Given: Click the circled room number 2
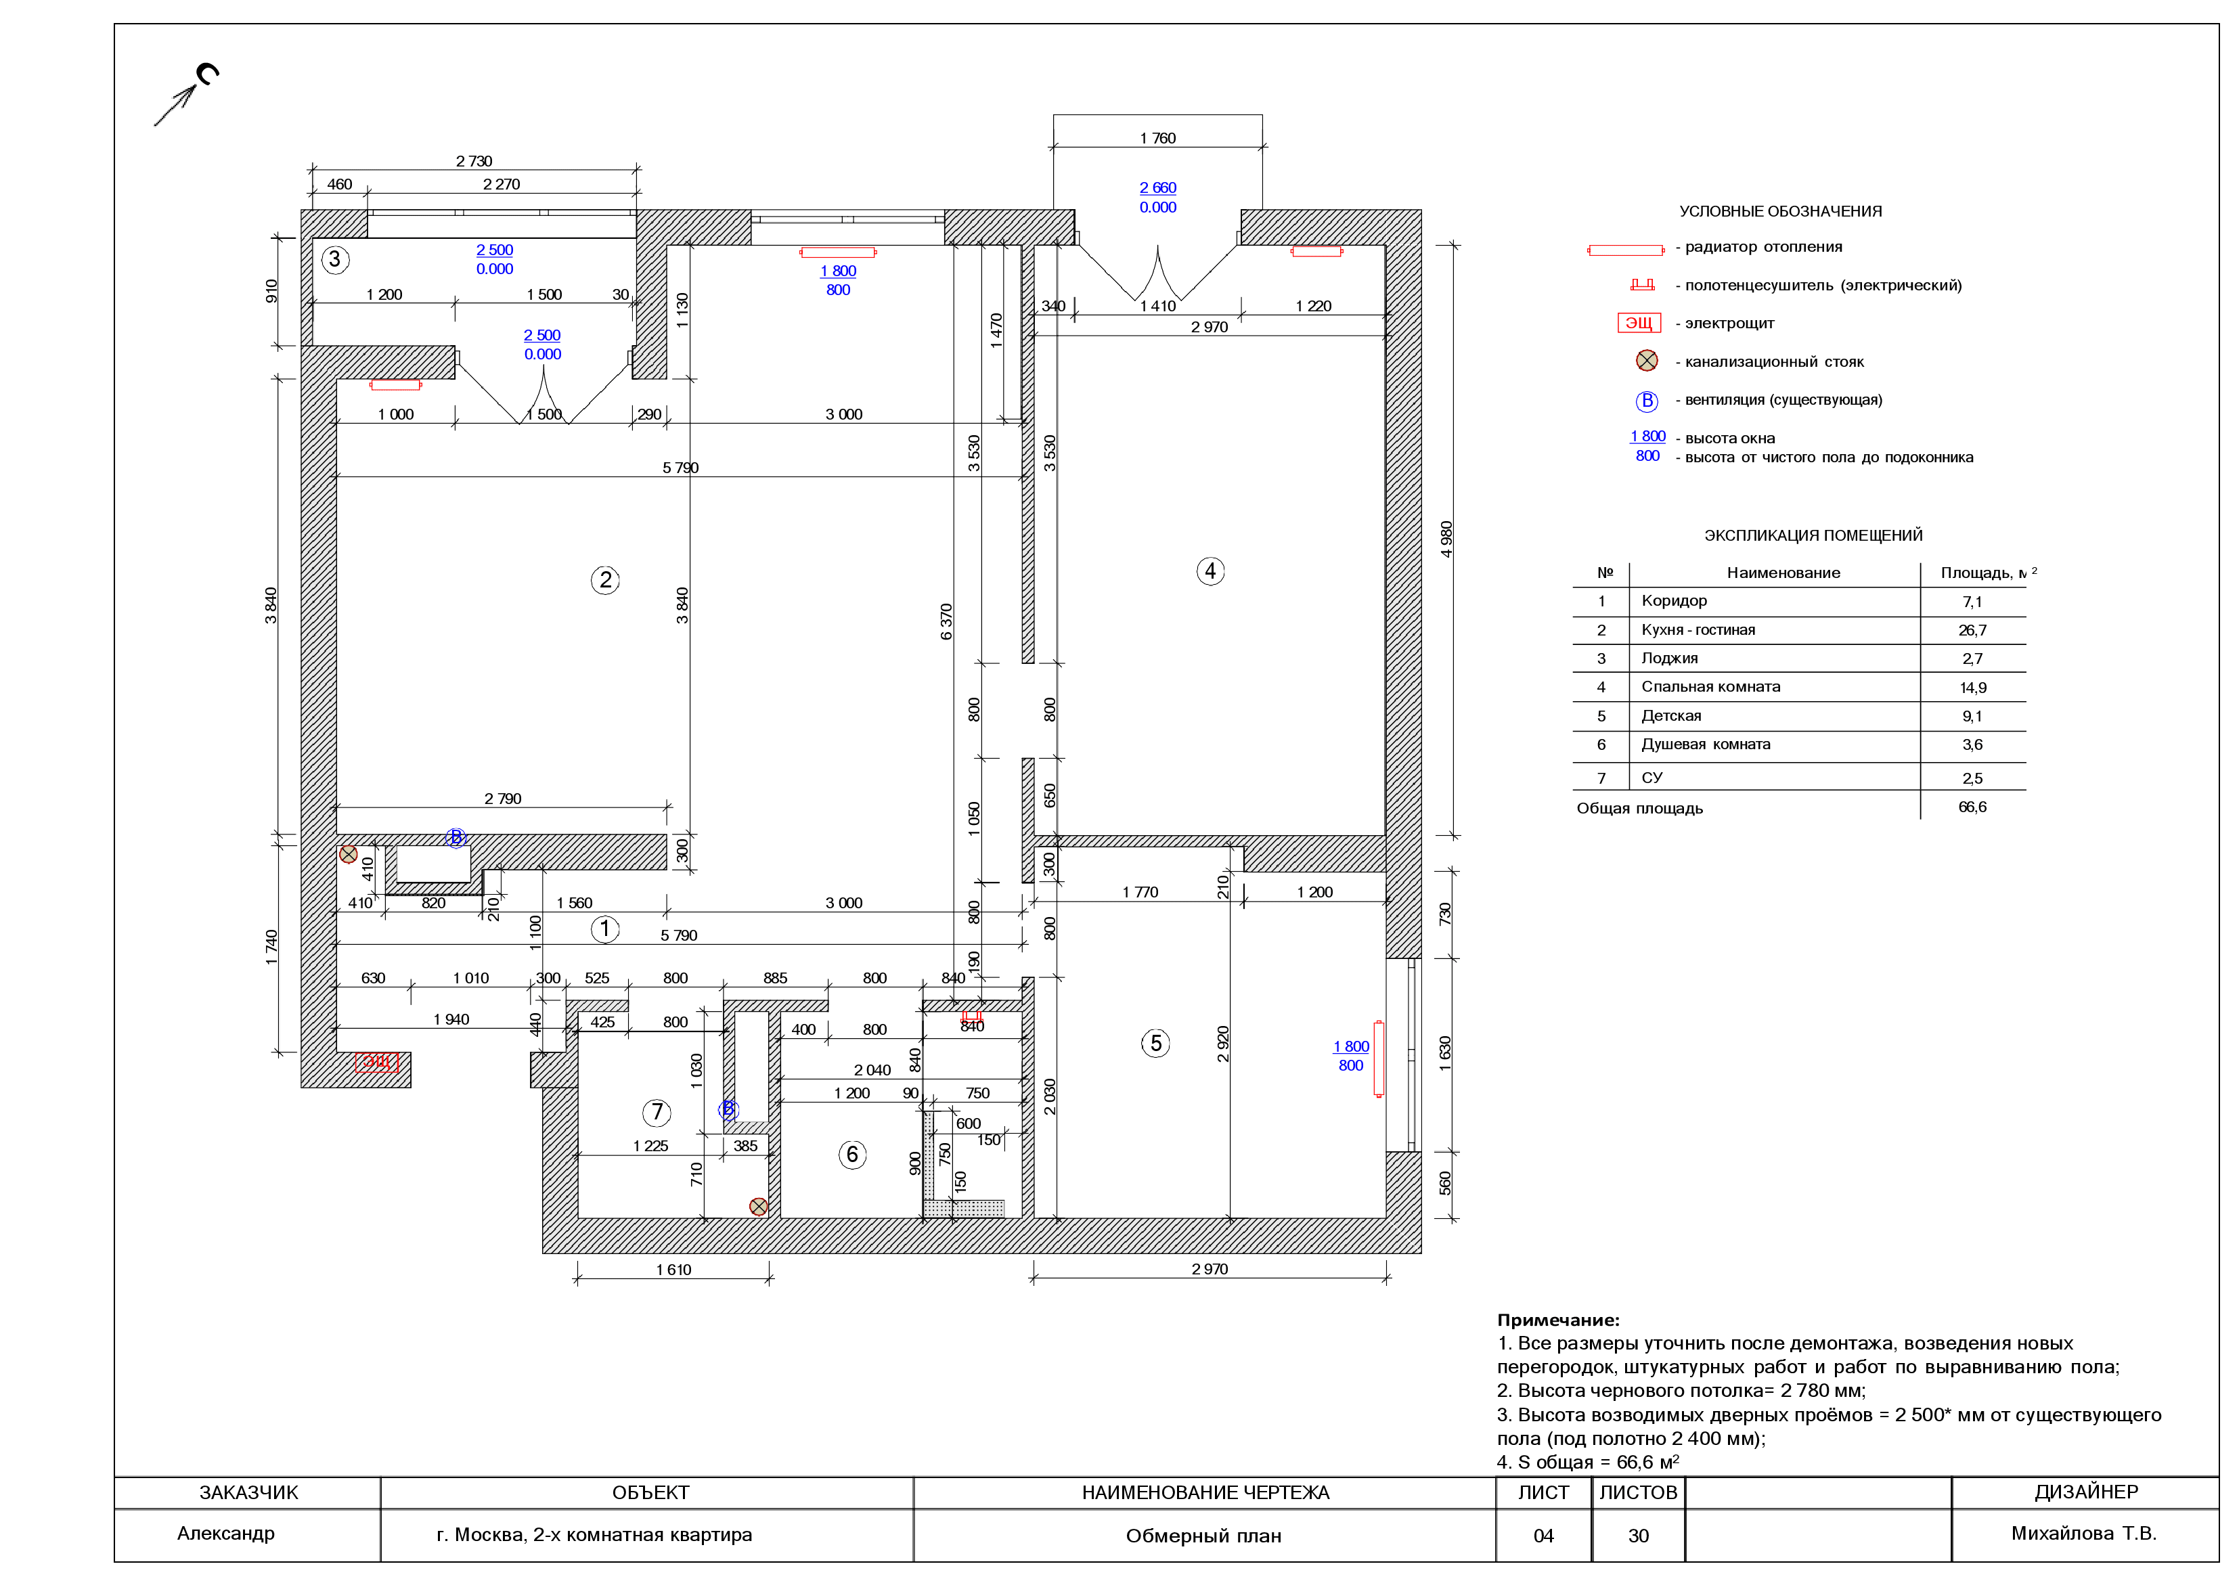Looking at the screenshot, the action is [606, 580].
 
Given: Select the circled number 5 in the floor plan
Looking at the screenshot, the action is [1155, 1044].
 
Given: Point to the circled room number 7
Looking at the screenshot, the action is [657, 1112].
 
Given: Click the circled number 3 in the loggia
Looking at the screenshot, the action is [336, 259].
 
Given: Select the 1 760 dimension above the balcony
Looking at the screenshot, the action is [1157, 139].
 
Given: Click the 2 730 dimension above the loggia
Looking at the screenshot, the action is [474, 161].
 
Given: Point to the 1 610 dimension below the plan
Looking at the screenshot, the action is [673, 1270].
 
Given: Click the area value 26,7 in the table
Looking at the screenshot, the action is [1972, 630].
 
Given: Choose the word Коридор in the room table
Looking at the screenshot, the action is [1673, 601].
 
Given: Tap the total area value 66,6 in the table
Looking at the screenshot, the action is [1972, 807].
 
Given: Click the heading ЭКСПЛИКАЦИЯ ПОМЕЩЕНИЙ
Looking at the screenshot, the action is [1813, 535].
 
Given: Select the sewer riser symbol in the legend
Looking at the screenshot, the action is [1646, 361].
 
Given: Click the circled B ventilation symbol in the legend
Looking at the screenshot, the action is [1646, 401].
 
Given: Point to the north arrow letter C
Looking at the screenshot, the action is [208, 74].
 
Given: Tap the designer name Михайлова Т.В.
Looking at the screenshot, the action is [2084, 1534].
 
